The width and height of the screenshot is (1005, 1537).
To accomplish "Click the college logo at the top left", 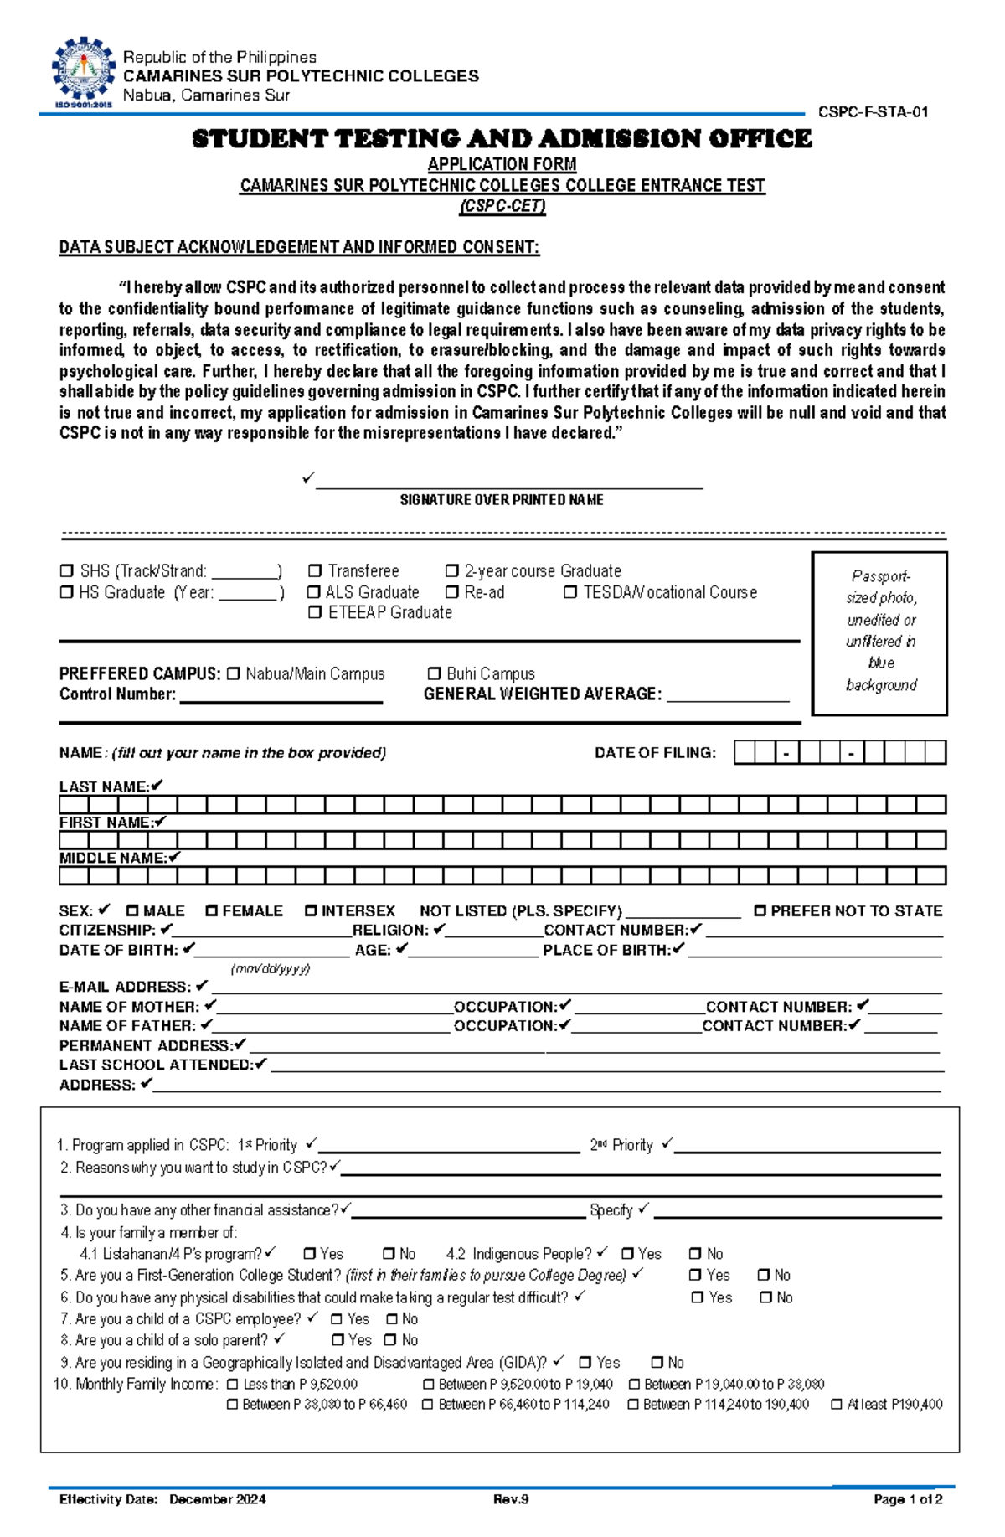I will (82, 73).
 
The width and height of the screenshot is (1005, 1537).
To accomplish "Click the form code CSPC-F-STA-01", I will (873, 112).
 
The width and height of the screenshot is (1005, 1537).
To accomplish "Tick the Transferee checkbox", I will (315, 571).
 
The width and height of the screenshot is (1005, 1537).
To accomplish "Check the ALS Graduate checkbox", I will (314, 592).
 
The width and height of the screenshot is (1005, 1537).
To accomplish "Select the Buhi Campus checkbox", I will (434, 673).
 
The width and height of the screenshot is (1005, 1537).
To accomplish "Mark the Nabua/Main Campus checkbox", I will (233, 673).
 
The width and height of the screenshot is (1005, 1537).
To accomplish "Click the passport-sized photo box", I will (879, 632).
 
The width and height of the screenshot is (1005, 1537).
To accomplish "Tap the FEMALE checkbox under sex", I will (212, 910).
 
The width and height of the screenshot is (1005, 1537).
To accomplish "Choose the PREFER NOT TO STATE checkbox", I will (760, 910).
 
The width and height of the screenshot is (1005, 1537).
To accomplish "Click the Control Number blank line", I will (281, 697).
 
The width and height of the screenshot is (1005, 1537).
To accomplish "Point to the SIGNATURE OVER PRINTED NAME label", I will (501, 500).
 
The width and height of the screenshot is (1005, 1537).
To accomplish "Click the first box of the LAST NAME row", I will (74, 805).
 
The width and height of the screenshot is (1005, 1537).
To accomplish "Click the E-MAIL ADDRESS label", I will (124, 987).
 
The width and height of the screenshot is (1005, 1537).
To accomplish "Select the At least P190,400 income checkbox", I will (836, 1405).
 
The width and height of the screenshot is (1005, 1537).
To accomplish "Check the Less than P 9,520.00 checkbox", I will (233, 1385).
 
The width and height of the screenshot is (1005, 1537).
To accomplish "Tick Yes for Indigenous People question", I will (627, 1254).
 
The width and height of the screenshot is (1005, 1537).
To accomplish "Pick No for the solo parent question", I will (391, 1340).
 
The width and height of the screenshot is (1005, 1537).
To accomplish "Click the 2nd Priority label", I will (621, 1145).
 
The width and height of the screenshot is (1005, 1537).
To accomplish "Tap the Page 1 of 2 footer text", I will (907, 1499).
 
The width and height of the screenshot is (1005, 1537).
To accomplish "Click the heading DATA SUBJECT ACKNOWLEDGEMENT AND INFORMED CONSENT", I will (299, 247).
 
